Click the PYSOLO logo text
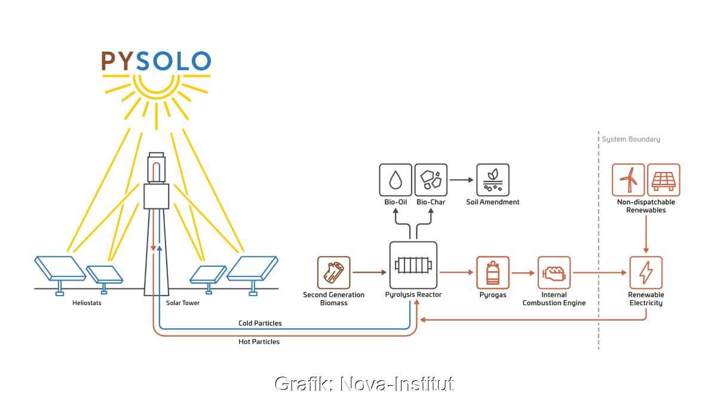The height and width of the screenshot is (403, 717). point(156,61)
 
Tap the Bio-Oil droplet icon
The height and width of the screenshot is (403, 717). point(396,180)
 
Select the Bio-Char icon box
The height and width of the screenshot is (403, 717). point(431,180)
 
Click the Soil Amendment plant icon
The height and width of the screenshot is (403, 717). point(493,180)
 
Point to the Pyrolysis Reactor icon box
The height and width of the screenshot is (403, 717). point(413,264)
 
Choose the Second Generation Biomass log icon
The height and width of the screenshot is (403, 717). point(333,273)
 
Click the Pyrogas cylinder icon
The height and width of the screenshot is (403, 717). point(493,273)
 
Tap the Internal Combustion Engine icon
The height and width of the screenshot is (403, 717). point(554,273)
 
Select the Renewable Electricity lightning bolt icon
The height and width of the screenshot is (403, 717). point(646,273)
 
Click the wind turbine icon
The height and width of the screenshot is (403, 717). point(628,180)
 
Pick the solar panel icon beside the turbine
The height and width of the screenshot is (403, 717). point(663,180)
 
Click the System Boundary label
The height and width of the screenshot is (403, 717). point(631,139)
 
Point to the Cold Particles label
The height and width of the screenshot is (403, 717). point(260,323)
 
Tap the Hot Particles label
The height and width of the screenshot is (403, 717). point(259,342)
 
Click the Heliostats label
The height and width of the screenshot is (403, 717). point(88,303)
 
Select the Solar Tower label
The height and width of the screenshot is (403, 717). point(183,303)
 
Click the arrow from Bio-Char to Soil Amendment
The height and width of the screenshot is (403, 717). point(461,180)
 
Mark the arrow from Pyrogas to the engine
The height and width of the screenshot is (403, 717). point(523,273)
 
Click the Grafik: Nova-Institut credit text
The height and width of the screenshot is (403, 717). point(364,383)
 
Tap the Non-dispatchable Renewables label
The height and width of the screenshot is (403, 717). point(646,206)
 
